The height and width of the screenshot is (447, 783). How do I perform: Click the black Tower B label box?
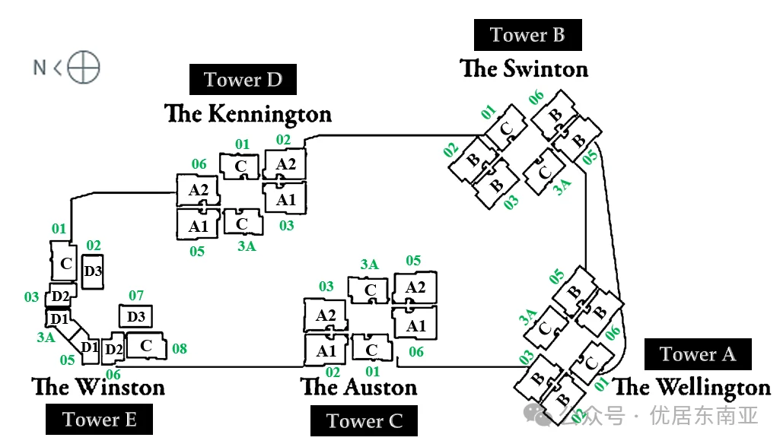click(527, 35)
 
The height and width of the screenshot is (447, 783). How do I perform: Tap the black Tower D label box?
click(243, 80)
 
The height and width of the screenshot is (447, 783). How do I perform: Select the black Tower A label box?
click(698, 354)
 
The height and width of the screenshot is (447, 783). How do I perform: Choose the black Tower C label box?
click(364, 421)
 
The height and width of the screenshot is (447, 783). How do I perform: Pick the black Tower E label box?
click(99, 420)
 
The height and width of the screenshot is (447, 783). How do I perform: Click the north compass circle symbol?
click(83, 68)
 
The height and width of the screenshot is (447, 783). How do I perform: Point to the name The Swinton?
click(524, 69)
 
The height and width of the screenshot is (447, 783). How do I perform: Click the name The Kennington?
click(248, 114)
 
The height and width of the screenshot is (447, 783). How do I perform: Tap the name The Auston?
click(359, 387)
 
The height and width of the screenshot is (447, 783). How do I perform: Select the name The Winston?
click(98, 386)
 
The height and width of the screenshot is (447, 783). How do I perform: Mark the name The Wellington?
click(692, 387)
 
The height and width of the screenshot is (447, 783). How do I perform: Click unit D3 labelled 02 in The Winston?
click(93, 271)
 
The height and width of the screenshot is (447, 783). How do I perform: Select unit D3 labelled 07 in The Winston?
click(136, 316)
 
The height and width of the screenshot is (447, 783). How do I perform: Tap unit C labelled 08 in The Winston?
click(146, 345)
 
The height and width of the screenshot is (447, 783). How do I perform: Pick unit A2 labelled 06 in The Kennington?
click(198, 190)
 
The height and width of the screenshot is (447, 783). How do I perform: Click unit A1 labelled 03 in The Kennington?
click(285, 200)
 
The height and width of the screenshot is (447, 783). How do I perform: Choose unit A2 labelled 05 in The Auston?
click(415, 288)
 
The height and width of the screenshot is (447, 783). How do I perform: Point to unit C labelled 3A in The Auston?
click(370, 290)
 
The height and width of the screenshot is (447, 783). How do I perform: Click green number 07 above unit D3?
click(135, 296)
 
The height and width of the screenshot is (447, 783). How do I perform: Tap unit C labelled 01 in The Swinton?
click(505, 128)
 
